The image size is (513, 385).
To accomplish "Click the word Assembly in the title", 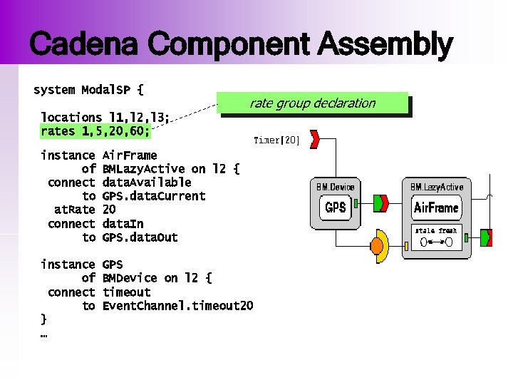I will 385,46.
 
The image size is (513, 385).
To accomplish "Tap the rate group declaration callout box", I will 313,103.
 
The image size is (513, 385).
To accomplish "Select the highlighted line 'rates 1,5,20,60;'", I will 95,131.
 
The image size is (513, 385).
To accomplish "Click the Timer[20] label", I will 276,140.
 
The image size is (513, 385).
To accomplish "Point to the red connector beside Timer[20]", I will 314,140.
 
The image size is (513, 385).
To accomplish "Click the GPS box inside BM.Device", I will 336,207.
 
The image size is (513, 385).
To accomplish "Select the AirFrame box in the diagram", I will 437,207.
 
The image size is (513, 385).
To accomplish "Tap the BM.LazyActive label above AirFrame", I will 437,187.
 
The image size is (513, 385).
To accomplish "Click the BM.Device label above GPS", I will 336,187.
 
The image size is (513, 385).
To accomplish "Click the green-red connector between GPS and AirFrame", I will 381,203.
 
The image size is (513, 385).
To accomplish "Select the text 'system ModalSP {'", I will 88,91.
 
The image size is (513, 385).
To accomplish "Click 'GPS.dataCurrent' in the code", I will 154,196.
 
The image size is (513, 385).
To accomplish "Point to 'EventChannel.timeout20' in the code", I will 178,306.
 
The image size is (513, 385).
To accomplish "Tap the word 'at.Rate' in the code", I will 75,210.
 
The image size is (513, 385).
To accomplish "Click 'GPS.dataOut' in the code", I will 140,237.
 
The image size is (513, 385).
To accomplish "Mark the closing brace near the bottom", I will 43,319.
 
